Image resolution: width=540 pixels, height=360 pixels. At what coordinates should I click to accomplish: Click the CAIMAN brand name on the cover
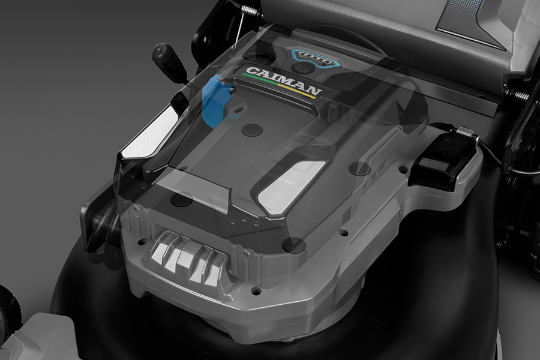[x=284, y=82]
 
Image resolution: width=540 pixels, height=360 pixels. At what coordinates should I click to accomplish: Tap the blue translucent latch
[x=216, y=101]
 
